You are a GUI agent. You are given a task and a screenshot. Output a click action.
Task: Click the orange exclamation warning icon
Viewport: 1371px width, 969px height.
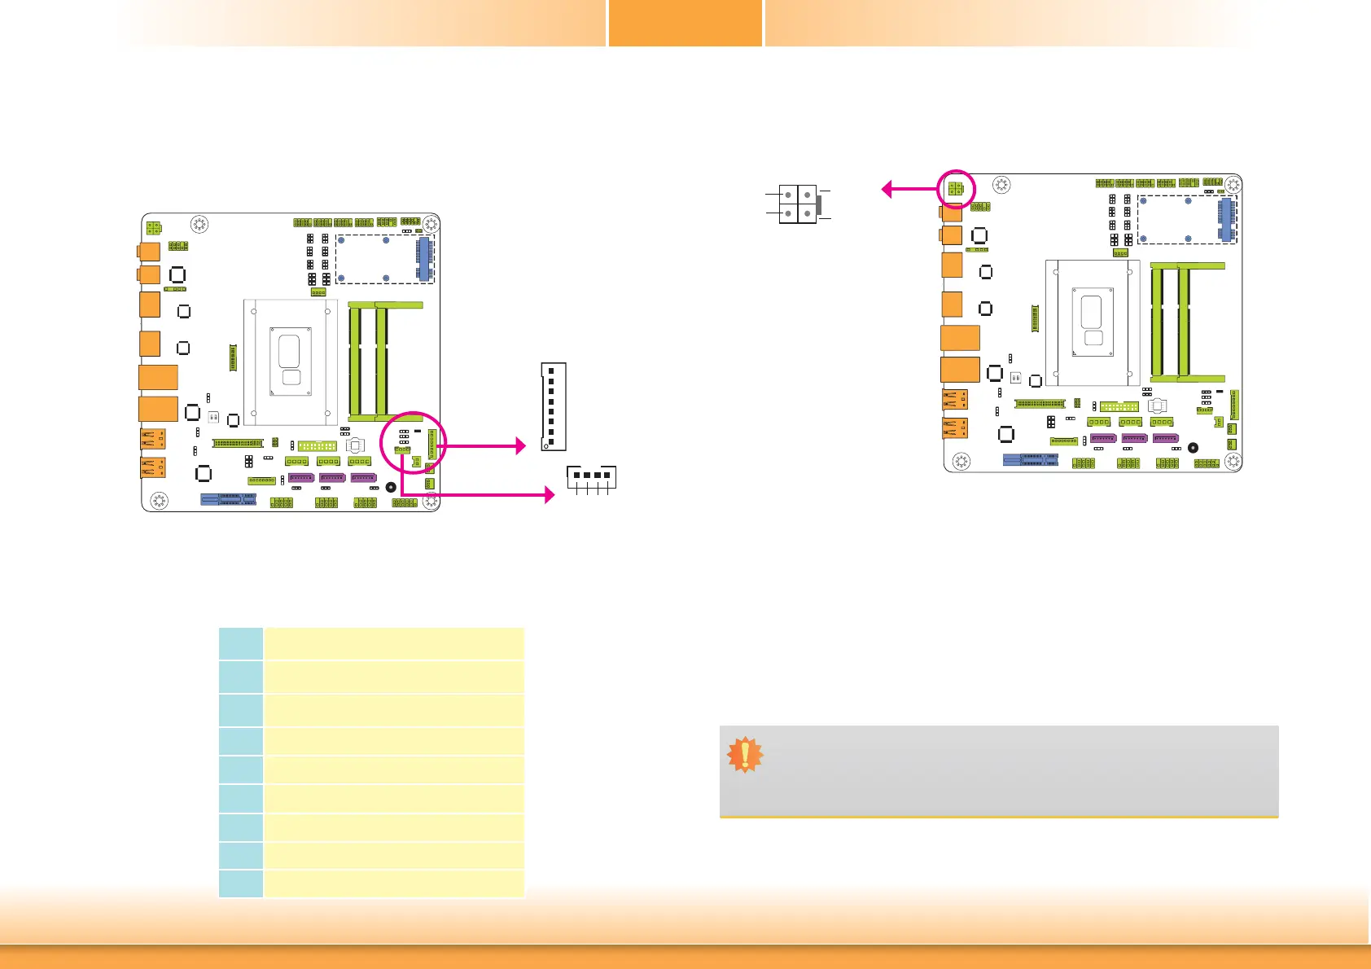pos(745,755)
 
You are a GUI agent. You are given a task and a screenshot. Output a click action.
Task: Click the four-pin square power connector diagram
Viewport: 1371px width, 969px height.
pos(798,204)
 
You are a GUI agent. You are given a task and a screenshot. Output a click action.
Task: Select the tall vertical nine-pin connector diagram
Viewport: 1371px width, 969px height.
pos(553,406)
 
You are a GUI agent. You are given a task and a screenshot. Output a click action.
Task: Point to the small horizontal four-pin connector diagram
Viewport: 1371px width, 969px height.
pos(592,476)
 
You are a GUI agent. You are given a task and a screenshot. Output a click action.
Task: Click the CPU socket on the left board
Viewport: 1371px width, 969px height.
pos(290,362)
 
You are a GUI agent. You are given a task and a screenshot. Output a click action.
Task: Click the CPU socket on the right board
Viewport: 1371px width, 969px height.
pos(1093,322)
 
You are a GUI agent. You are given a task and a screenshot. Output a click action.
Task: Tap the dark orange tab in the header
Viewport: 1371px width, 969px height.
pos(685,23)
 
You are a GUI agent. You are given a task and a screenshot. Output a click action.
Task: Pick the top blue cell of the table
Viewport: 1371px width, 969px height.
pos(241,643)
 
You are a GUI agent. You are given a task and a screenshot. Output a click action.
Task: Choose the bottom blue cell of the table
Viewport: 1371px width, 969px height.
pos(241,883)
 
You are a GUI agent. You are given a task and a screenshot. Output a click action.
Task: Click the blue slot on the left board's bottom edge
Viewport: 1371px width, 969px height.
pos(229,499)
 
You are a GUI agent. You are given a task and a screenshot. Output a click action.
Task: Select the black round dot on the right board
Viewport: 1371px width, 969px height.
pos(1193,448)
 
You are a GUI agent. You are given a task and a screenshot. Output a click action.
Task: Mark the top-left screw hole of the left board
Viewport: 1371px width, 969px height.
pos(199,225)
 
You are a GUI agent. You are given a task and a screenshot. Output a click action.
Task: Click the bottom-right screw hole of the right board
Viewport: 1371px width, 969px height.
pos(1233,462)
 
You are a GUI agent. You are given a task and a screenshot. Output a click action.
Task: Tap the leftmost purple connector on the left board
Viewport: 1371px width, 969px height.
pos(301,478)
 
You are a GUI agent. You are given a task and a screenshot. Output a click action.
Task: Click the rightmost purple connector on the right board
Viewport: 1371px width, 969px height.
pos(1165,439)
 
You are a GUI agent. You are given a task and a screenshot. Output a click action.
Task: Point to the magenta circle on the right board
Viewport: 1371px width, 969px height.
pos(956,189)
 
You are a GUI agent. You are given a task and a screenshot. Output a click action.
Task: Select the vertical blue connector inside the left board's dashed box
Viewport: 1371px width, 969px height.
pos(423,260)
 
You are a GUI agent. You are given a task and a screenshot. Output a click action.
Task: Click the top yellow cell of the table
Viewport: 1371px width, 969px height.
pos(393,643)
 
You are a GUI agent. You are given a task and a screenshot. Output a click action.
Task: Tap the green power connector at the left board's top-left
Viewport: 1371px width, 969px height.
pos(153,229)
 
